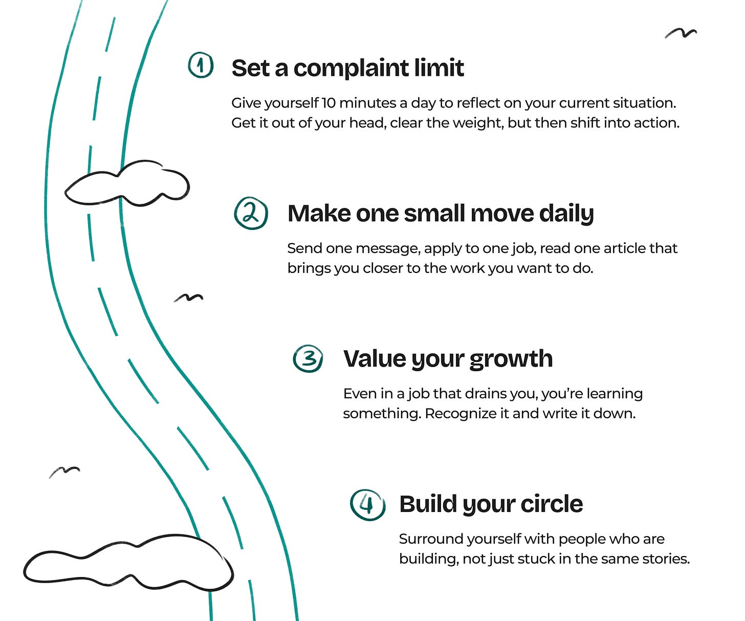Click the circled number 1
tap(201, 65)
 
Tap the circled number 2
tap(251, 213)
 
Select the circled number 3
tap(308, 358)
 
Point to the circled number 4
tap(367, 504)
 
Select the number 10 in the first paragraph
tap(328, 103)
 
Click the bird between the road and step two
tap(188, 297)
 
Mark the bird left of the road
tap(64, 471)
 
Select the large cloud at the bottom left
tap(128, 563)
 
